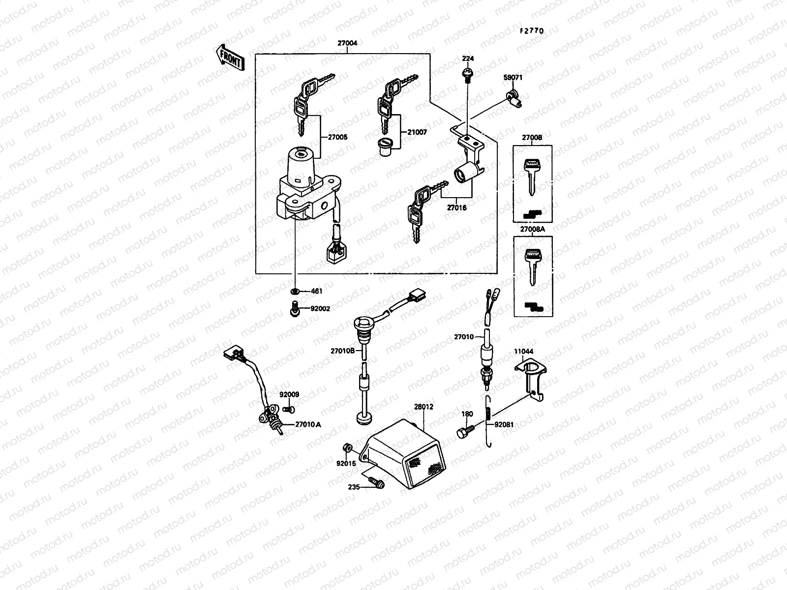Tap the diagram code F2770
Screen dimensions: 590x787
[532, 30]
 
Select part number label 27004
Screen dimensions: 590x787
[347, 43]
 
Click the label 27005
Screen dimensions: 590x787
[337, 137]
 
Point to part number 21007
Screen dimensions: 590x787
[417, 132]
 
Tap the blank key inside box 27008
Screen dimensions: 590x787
[531, 175]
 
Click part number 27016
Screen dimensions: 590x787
[456, 207]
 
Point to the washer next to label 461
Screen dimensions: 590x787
[295, 291]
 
